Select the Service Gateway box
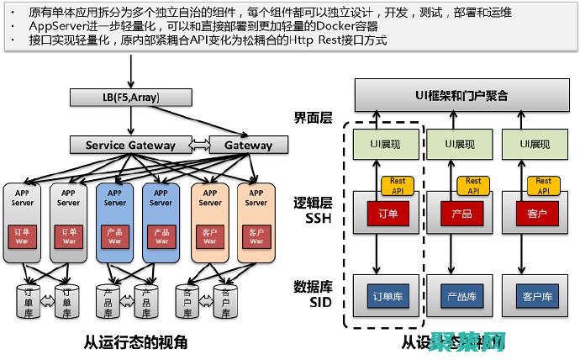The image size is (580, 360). (130, 145)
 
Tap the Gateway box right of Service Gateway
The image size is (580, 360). (248, 145)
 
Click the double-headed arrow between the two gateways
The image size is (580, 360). (199, 145)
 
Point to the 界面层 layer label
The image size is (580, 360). (313, 119)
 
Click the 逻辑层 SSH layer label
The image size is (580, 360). (313, 211)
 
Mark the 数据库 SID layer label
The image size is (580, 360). (313, 291)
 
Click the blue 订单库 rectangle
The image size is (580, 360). (388, 296)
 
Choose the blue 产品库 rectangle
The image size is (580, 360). (462, 296)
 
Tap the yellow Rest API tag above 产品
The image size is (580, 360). (473, 185)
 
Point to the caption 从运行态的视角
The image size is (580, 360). (135, 342)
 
